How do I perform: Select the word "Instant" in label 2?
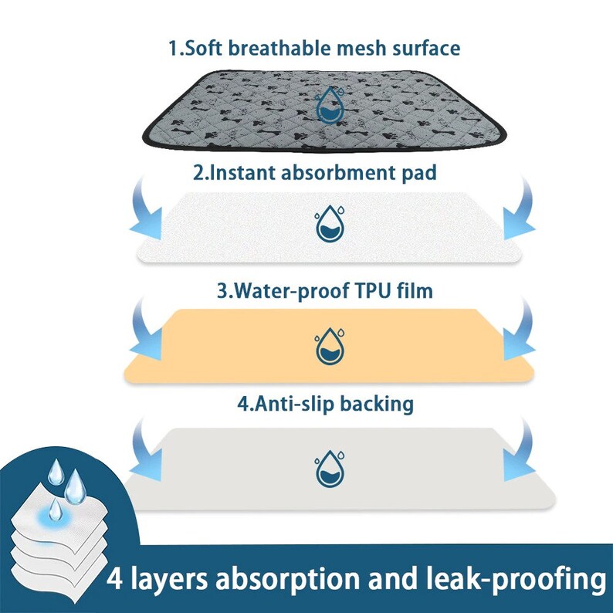241,172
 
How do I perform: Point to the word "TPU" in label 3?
362,291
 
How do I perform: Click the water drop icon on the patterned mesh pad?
332,105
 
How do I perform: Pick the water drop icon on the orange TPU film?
329,345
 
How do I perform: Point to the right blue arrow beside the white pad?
516,208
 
